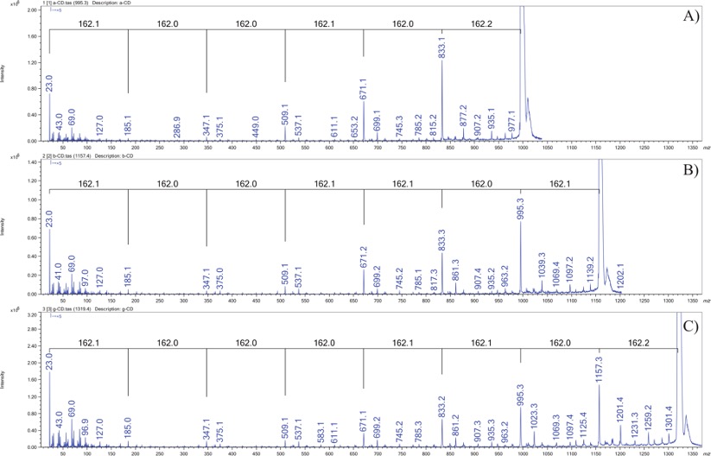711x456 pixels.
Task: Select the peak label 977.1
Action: tap(512, 120)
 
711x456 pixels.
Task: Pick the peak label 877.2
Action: tap(464, 113)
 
